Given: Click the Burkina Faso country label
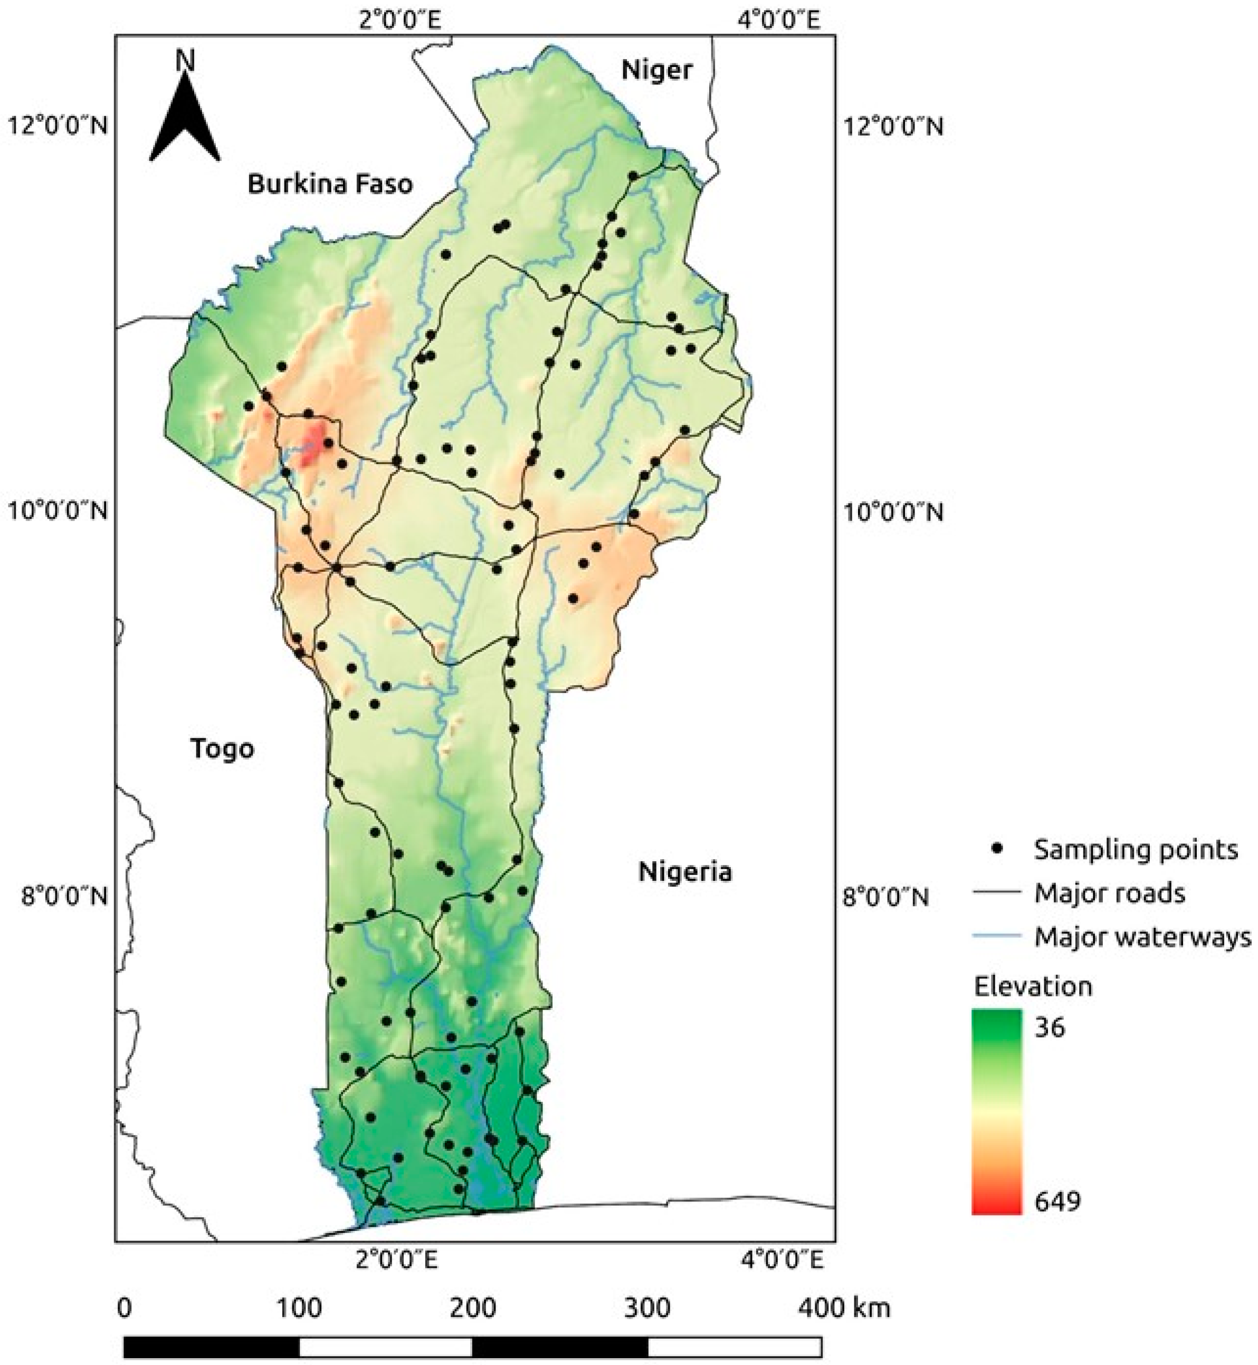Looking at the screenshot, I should coord(330,185).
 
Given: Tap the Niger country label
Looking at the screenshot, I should coord(656,70).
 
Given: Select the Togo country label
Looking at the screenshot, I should coord(222,748).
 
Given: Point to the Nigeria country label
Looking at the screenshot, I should coord(685,872).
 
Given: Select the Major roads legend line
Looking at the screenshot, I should coord(998,893).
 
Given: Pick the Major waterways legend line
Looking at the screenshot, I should coord(998,937).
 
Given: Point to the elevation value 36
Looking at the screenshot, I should coord(1050,1027).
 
